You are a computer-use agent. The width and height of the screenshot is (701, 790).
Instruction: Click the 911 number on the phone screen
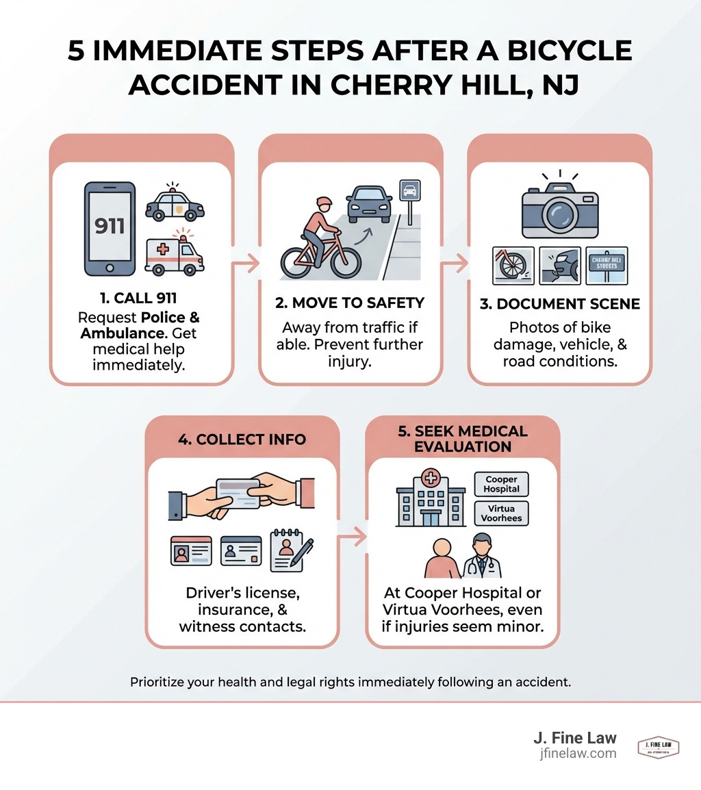[109, 225]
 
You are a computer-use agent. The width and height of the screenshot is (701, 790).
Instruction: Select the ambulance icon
[174, 254]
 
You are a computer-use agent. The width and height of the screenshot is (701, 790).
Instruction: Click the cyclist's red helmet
[323, 203]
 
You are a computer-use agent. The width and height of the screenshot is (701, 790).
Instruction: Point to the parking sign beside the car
[409, 192]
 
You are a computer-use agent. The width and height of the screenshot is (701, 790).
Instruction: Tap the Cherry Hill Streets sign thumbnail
[607, 265]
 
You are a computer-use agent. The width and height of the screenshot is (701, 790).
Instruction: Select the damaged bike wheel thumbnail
[513, 266]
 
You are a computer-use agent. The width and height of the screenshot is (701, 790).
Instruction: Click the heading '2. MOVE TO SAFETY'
[349, 303]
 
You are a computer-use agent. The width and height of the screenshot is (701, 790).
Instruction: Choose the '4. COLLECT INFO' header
[242, 439]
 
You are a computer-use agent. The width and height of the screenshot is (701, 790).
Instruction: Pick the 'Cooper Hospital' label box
[501, 484]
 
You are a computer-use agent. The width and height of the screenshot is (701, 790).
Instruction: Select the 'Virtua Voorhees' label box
[501, 513]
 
